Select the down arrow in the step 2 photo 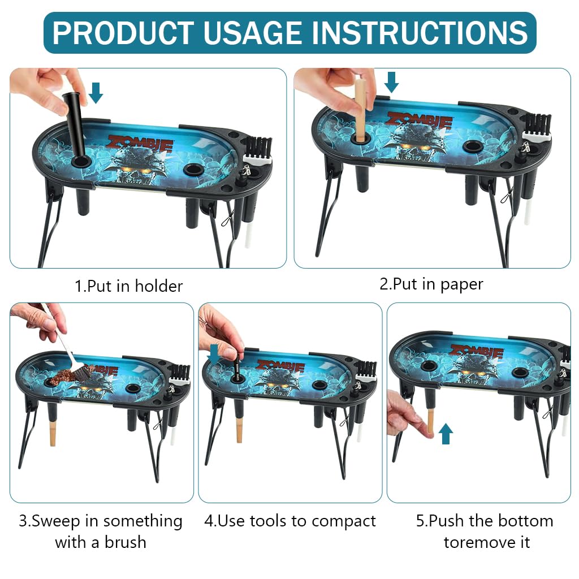click(391, 83)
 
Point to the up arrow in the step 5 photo click(446, 434)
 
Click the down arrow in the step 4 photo click(214, 355)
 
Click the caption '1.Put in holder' click(129, 286)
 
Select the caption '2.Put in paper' click(431, 284)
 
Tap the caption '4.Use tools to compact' click(289, 521)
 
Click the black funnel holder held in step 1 click(75, 124)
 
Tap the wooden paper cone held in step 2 click(360, 110)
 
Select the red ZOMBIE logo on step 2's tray click(419, 120)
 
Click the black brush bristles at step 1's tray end click(259, 148)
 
